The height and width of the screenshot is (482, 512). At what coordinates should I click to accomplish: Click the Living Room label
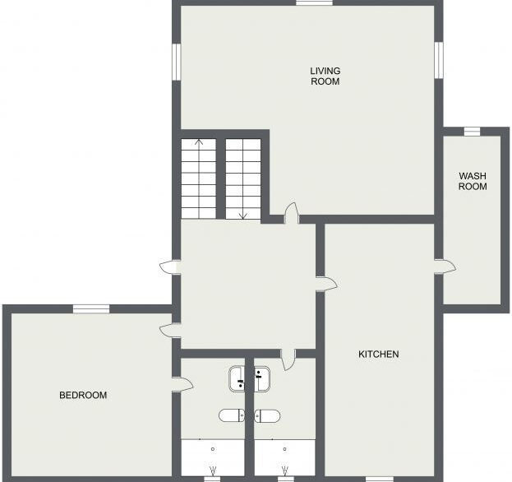pyautogui.click(x=325, y=76)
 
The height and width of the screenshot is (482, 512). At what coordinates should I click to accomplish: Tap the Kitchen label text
pyautogui.click(x=378, y=355)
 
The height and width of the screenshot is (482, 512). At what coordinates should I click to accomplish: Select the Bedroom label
pyautogui.click(x=83, y=395)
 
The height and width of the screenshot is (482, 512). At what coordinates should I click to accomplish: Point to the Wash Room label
pyautogui.click(x=473, y=181)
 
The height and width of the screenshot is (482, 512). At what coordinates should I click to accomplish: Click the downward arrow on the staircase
pyautogui.click(x=243, y=179)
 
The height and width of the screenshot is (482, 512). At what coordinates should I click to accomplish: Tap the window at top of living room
pyautogui.click(x=314, y=3)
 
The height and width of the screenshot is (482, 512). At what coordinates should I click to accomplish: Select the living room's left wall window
pyautogui.click(x=177, y=62)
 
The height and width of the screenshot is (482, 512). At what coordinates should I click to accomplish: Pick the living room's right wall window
pyautogui.click(x=439, y=60)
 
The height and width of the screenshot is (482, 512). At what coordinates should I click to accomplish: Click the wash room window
pyautogui.click(x=473, y=132)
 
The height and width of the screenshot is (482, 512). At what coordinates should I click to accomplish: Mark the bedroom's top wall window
pyautogui.click(x=91, y=308)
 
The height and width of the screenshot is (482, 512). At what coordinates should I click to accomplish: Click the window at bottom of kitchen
pyautogui.click(x=379, y=479)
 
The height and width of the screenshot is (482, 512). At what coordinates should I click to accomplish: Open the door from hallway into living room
pyautogui.click(x=292, y=213)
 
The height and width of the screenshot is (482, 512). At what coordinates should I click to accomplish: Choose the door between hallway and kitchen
pyautogui.click(x=326, y=285)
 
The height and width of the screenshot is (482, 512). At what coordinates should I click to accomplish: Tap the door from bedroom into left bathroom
pyautogui.click(x=182, y=385)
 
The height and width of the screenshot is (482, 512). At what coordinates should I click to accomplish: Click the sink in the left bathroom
pyautogui.click(x=237, y=378)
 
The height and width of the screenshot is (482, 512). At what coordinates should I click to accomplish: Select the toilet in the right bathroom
pyautogui.click(x=267, y=415)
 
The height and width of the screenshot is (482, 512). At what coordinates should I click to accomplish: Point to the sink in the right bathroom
pyautogui.click(x=262, y=378)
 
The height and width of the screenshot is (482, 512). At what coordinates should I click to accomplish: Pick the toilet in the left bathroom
pyautogui.click(x=232, y=415)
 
